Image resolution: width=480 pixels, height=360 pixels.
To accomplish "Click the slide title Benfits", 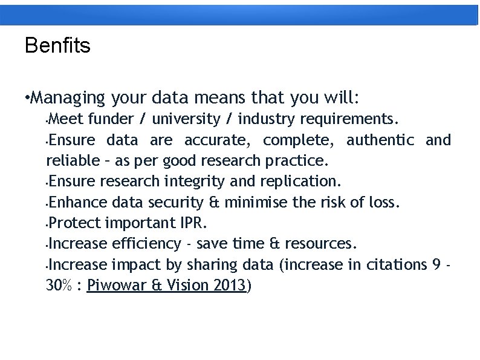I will [57, 45].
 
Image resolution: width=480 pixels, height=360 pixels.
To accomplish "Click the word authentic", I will [380, 140].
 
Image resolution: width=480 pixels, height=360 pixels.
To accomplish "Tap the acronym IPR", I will [193, 223].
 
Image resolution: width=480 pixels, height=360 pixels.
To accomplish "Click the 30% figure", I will [59, 286].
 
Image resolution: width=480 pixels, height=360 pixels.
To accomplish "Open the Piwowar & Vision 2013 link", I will [167, 286].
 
